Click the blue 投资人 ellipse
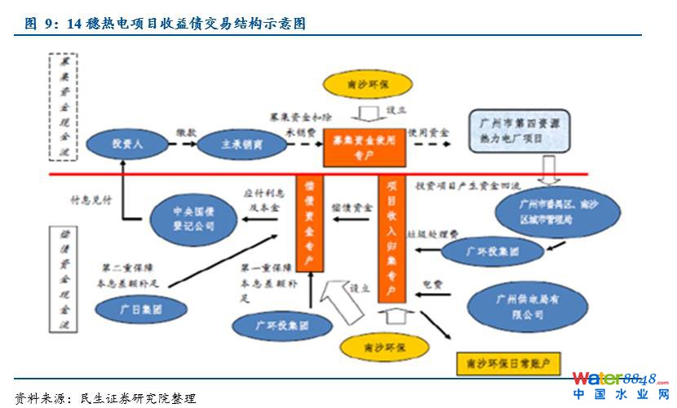pos(122,144)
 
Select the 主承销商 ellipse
pos(241,144)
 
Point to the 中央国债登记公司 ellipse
pos(192,217)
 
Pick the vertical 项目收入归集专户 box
pos(392,241)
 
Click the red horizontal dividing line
pos(204,174)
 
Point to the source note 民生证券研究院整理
pos(138,398)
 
